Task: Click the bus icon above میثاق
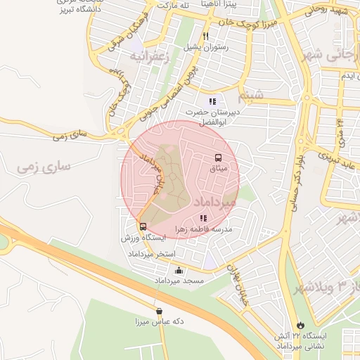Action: [x=217, y=158]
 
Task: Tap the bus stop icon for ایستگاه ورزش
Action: [x=143, y=227]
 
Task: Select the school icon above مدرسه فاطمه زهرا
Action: [x=204, y=219]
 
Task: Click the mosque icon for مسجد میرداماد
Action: [x=179, y=271]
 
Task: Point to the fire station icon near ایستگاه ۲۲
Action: [x=301, y=326]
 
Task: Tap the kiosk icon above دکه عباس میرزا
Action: [x=159, y=311]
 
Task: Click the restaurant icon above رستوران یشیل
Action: [x=206, y=36]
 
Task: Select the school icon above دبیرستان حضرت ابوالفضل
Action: [x=212, y=102]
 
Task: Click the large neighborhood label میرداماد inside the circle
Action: [x=215, y=201]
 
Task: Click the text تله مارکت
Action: [x=176, y=4]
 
